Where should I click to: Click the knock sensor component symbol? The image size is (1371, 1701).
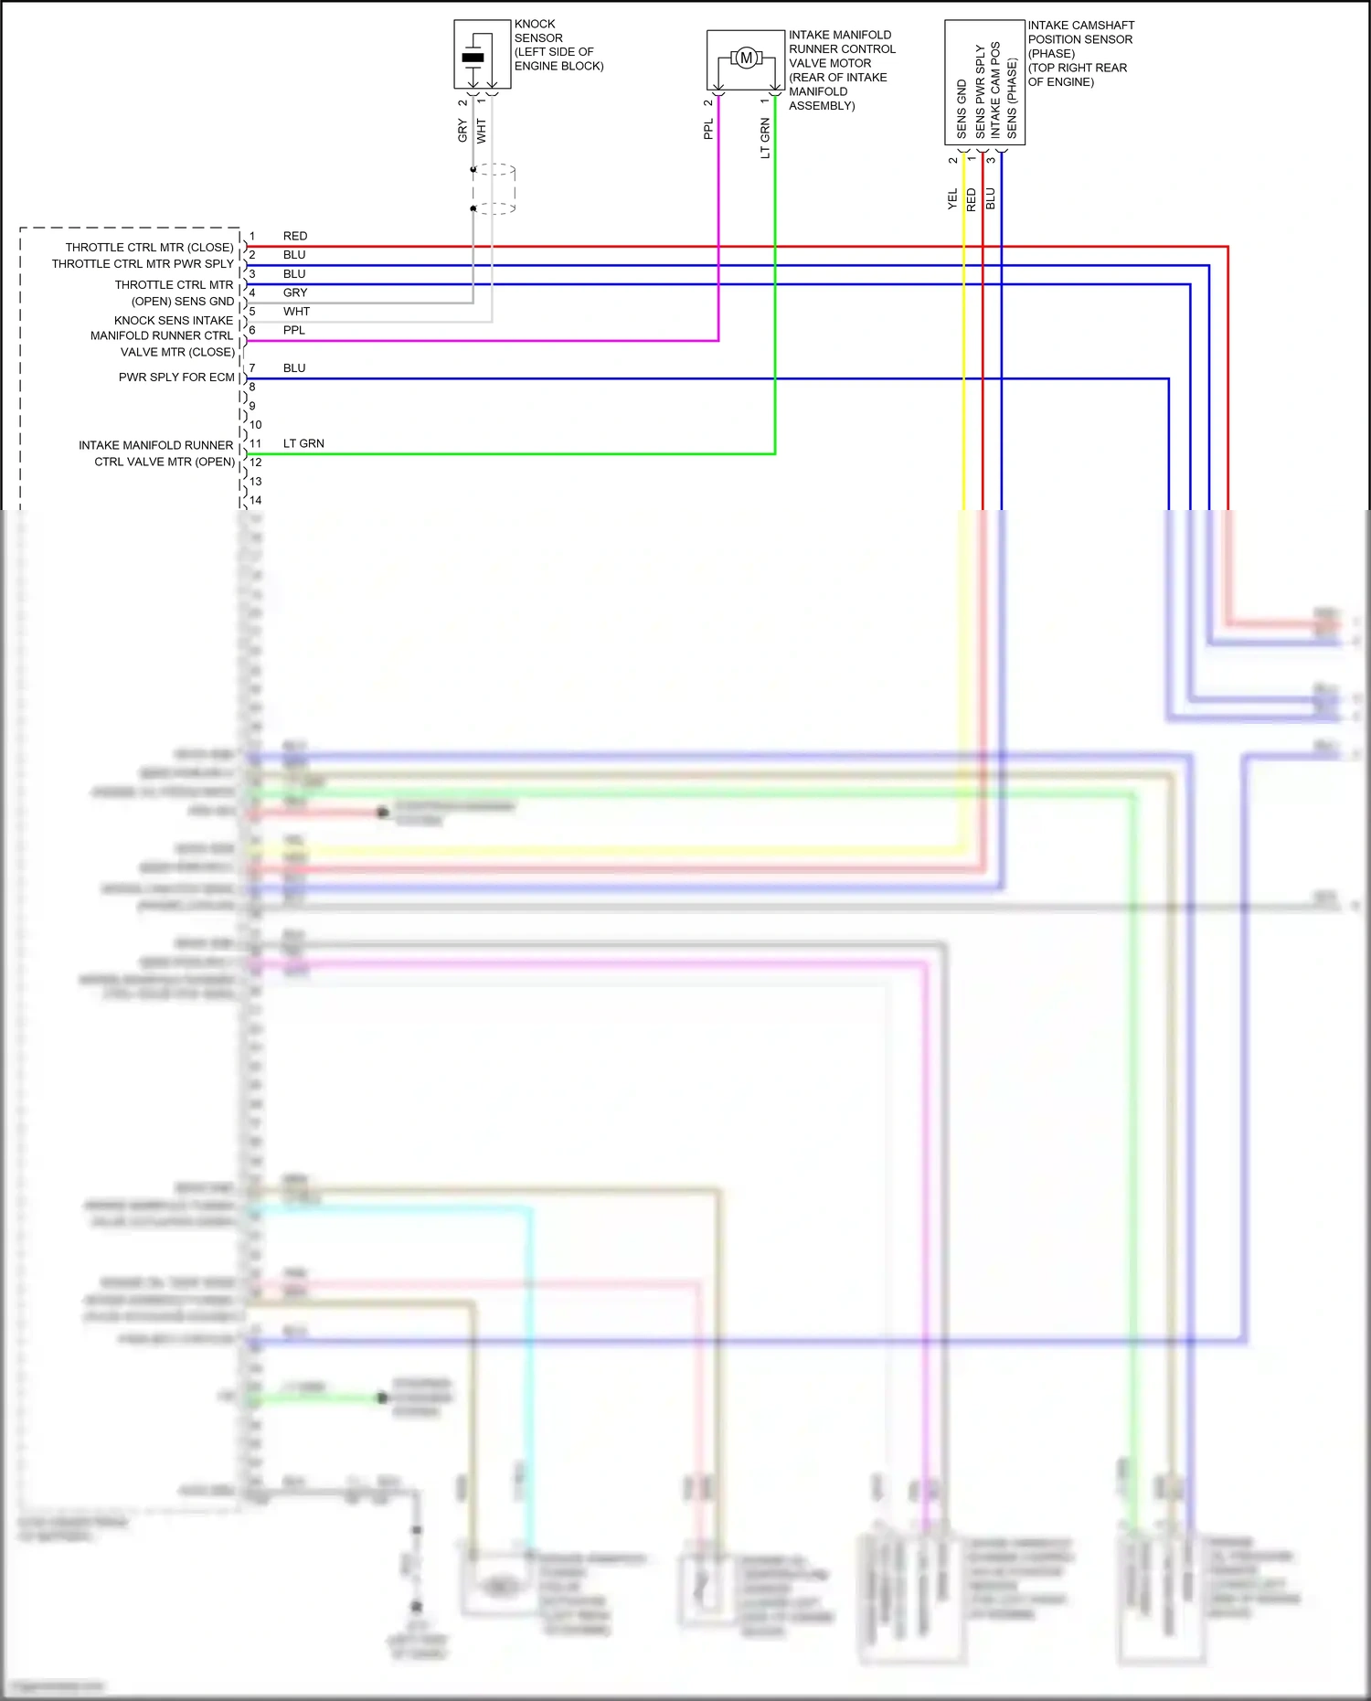click(x=473, y=57)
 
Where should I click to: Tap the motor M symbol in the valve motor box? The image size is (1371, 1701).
click(x=746, y=58)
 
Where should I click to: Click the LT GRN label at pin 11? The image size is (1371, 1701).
click(x=303, y=443)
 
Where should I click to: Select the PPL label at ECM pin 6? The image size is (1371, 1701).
click(x=294, y=330)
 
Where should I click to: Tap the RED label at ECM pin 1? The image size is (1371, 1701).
click(x=295, y=236)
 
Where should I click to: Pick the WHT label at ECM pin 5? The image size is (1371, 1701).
click(x=296, y=312)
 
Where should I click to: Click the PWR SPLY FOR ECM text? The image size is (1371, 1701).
click(x=176, y=377)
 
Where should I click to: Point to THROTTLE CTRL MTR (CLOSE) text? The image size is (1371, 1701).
click(x=149, y=248)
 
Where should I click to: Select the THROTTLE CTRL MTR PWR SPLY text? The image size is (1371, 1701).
click(x=143, y=264)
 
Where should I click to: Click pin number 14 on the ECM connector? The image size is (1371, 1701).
click(x=256, y=500)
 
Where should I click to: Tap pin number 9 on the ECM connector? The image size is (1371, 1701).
click(x=252, y=406)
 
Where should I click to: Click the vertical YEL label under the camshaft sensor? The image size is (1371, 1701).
click(x=952, y=199)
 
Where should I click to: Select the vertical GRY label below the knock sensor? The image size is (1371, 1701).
click(x=462, y=131)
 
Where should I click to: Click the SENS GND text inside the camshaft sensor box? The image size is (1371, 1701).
click(x=962, y=110)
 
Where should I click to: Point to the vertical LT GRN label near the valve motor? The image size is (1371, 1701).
click(x=765, y=138)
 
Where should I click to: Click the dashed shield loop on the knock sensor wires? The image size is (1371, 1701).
click(x=494, y=189)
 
